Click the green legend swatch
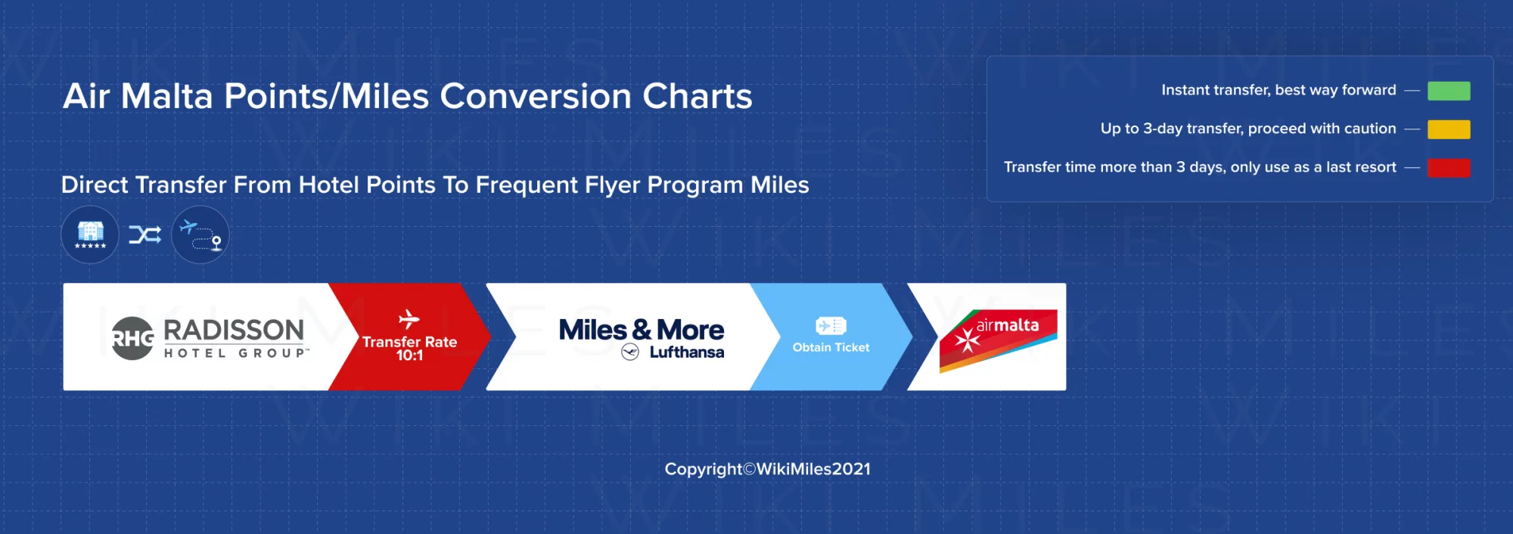(x=1449, y=91)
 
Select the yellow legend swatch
(x=1449, y=129)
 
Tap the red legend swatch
(x=1449, y=168)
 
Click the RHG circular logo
(x=132, y=338)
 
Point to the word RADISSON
(x=234, y=331)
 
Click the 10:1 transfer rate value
(x=409, y=355)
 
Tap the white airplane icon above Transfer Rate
(x=409, y=318)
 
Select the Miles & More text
(x=642, y=330)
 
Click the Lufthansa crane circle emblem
(x=630, y=352)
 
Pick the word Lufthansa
(x=687, y=352)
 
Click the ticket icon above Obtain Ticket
(x=831, y=326)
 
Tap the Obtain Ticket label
(x=831, y=347)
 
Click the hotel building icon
(x=90, y=234)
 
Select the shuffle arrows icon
(x=144, y=234)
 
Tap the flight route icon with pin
(x=200, y=234)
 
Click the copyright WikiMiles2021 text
(x=767, y=469)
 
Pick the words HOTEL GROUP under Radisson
(x=237, y=353)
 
